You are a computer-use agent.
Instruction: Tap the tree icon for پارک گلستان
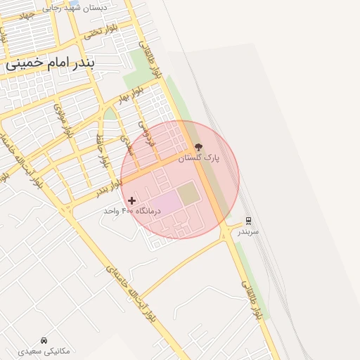tap(198, 148)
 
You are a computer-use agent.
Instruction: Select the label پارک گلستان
tap(198, 158)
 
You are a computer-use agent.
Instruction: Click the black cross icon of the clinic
tap(131, 201)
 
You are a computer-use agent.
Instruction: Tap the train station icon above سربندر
tap(247, 221)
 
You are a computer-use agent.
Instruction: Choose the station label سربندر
tap(247, 231)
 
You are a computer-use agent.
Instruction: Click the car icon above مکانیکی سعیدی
tap(44, 340)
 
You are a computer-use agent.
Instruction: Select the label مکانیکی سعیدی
tap(44, 350)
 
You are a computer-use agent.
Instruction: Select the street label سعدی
tap(127, 144)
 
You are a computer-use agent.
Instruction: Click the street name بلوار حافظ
tap(103, 150)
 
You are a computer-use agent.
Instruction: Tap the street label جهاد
tap(26, 15)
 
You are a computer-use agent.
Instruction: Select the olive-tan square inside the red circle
tap(188, 193)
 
